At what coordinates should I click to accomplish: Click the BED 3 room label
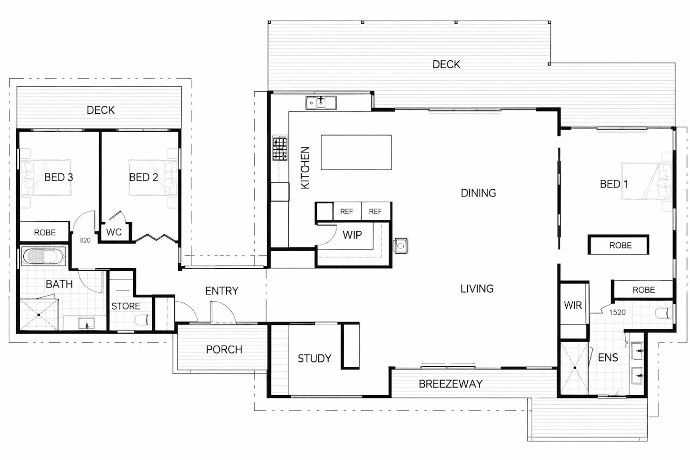pos(59,177)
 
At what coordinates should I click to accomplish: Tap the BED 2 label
pos(143,177)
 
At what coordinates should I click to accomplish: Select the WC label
pos(114,232)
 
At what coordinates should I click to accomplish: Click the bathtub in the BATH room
pos(43,256)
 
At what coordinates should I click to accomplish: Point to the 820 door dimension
pos(85,240)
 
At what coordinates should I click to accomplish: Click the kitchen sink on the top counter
pos(321,103)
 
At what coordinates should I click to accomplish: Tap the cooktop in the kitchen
pos(280,148)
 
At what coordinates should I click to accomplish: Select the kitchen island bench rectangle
pos(356,152)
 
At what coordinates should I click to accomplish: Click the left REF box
pos(347,212)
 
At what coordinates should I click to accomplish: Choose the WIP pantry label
pos(352,235)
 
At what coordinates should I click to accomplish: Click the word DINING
pos(479,193)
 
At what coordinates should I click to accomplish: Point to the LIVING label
pos(477,289)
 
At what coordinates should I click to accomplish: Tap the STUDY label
pos(314,358)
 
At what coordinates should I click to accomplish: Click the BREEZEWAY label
pos(450,384)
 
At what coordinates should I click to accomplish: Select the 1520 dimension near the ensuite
pos(617,313)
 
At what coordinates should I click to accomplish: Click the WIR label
pos(573,305)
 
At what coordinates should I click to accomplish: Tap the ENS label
pos(608,357)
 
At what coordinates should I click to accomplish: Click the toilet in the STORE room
pos(142,320)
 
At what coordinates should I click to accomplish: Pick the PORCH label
pos(224,350)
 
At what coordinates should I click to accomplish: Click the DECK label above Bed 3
pos(101,110)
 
